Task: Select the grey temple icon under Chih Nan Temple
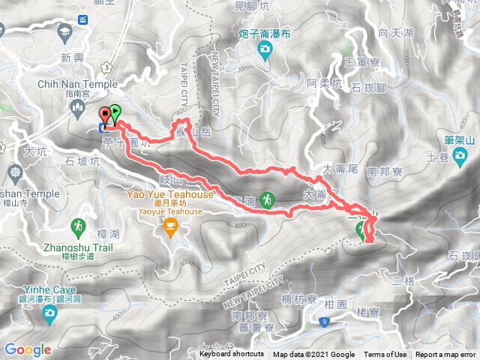tap(79, 109)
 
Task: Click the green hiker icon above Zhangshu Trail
tap(78, 225)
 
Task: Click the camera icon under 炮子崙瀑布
tap(264, 50)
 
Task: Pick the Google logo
tap(27, 349)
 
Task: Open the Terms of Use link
tap(385, 355)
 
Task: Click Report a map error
tap(447, 355)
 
